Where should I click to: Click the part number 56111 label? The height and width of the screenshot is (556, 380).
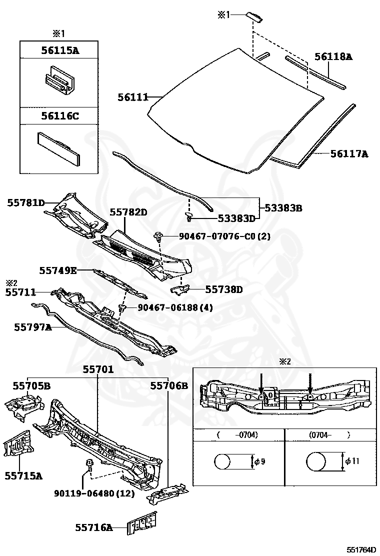coord(132,97)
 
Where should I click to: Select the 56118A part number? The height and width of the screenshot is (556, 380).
coord(333,57)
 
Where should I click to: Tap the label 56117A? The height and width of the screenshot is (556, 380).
coord(348,154)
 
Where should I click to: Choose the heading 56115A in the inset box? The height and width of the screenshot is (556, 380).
coord(59,50)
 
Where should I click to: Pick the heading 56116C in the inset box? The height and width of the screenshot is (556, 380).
coord(59,116)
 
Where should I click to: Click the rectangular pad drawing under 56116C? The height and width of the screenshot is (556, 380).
coord(59,148)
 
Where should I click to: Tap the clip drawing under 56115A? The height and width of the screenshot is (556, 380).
coord(58,79)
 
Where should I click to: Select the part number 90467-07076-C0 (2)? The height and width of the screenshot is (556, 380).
coord(224,236)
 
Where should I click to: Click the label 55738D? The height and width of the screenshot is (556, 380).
coord(224,289)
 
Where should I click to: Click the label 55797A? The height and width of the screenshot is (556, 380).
coord(32,327)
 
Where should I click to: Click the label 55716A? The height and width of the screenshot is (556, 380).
coord(94,527)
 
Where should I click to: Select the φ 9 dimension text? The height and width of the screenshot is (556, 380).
coord(259,461)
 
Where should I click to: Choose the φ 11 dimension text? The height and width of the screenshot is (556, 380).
coord(353,461)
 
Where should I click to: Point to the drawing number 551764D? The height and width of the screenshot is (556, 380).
coord(362,549)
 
